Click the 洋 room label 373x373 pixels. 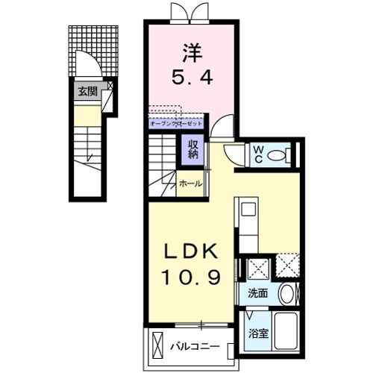pyautogui.click(x=192, y=54)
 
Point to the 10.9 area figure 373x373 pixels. pyautogui.click(x=191, y=278)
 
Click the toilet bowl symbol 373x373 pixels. pyautogui.click(x=279, y=155)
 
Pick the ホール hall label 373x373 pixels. pyautogui.click(x=189, y=184)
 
